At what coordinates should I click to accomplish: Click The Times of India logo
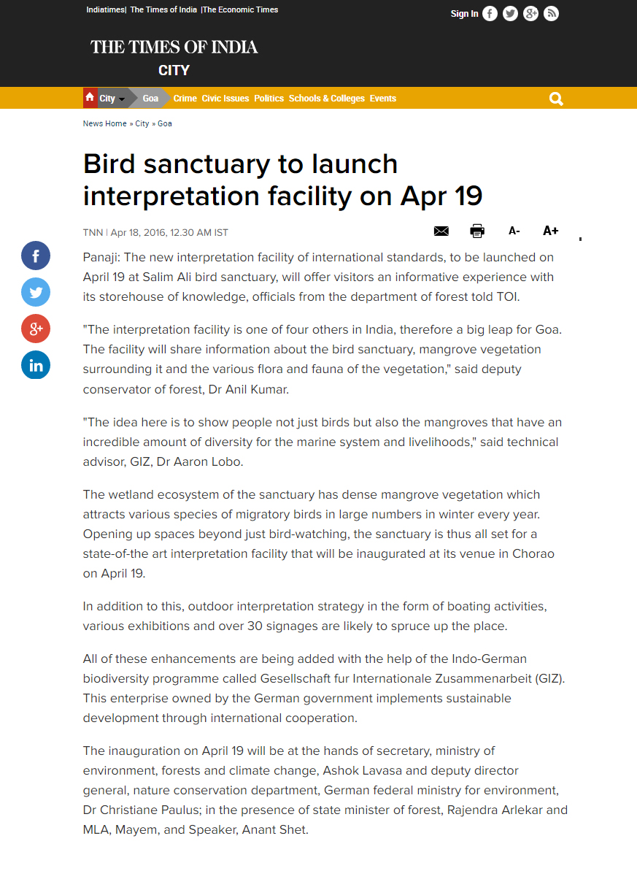coord(174,47)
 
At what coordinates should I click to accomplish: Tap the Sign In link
coord(464,14)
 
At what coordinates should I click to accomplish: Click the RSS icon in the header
coord(551,14)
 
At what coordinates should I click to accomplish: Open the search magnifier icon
coord(556,99)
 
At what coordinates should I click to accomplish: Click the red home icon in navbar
coord(90,98)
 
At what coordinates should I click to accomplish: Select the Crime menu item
coord(185,99)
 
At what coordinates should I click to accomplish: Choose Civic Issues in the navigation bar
coord(225,99)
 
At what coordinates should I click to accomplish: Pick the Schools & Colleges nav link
coord(326,99)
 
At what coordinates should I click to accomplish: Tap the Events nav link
coord(383,99)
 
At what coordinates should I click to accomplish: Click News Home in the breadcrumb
coord(104,123)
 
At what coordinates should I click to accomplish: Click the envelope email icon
coord(441,231)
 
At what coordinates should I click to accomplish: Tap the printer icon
coord(477,231)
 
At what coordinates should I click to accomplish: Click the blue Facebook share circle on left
coord(36,256)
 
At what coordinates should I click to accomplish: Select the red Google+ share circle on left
coord(36,329)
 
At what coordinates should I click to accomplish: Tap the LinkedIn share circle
coord(36,365)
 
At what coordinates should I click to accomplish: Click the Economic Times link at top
coord(241,9)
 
